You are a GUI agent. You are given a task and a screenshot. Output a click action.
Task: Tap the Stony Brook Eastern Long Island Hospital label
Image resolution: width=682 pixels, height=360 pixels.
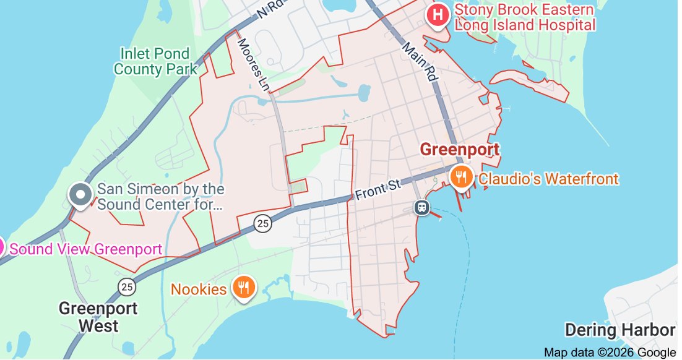tap(525, 17)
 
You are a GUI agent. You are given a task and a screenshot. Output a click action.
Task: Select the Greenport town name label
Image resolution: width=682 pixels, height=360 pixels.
tap(459, 150)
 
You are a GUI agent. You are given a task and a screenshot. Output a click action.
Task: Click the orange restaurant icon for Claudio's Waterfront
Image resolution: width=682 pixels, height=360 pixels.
tap(461, 178)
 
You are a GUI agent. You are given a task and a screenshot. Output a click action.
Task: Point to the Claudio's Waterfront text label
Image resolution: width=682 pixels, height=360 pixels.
tap(548, 179)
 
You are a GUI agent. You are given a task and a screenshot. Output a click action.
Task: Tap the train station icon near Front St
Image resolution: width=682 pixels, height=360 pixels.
tap(422, 207)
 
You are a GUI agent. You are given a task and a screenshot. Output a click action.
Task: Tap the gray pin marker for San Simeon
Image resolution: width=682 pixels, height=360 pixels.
tap(80, 194)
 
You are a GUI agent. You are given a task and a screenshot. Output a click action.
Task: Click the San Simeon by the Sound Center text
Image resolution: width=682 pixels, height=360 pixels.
tap(161, 197)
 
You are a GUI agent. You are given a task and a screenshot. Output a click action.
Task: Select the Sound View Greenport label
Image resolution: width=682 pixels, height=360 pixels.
tap(86, 249)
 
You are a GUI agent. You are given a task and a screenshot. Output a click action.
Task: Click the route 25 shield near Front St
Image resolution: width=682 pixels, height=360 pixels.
tap(263, 224)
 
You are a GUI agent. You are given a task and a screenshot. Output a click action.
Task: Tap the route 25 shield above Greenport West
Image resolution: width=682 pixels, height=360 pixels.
tap(127, 286)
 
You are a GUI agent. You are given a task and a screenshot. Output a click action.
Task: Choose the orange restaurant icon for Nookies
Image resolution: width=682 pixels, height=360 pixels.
tap(244, 288)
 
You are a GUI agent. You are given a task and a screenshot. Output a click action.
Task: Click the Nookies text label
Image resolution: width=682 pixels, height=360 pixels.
tap(199, 289)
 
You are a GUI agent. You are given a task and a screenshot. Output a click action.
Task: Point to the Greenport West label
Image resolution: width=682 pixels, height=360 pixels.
tap(98, 317)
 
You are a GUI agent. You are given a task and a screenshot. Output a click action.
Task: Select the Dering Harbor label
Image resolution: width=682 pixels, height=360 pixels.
tap(619, 330)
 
